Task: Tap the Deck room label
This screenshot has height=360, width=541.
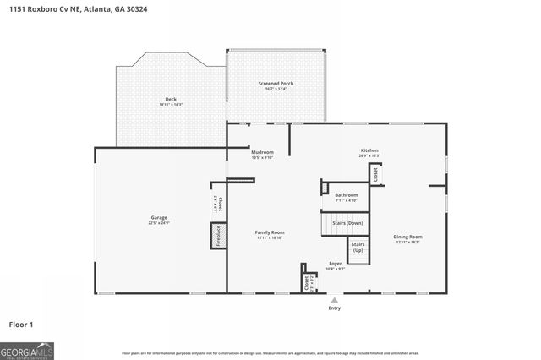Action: tap(170, 99)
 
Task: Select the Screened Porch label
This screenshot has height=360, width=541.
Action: tap(276, 84)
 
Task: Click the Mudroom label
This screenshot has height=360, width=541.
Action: tap(262, 152)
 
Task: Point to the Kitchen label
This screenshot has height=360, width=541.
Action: tap(369, 150)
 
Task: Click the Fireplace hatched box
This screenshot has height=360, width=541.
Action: tap(217, 235)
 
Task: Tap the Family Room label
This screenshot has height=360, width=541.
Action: tap(270, 232)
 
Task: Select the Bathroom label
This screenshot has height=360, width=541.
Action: tap(347, 194)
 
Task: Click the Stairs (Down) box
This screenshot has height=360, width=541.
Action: tap(343, 223)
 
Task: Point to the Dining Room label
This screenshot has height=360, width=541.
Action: tap(409, 237)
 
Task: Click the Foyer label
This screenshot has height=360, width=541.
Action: tap(336, 264)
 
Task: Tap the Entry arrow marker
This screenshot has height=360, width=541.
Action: tap(335, 299)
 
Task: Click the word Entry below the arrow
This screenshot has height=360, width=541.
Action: tap(335, 308)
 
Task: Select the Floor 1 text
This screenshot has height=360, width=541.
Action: tap(20, 325)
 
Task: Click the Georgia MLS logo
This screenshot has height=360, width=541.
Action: tap(27, 349)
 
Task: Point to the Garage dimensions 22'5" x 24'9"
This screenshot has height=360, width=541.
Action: tap(159, 223)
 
